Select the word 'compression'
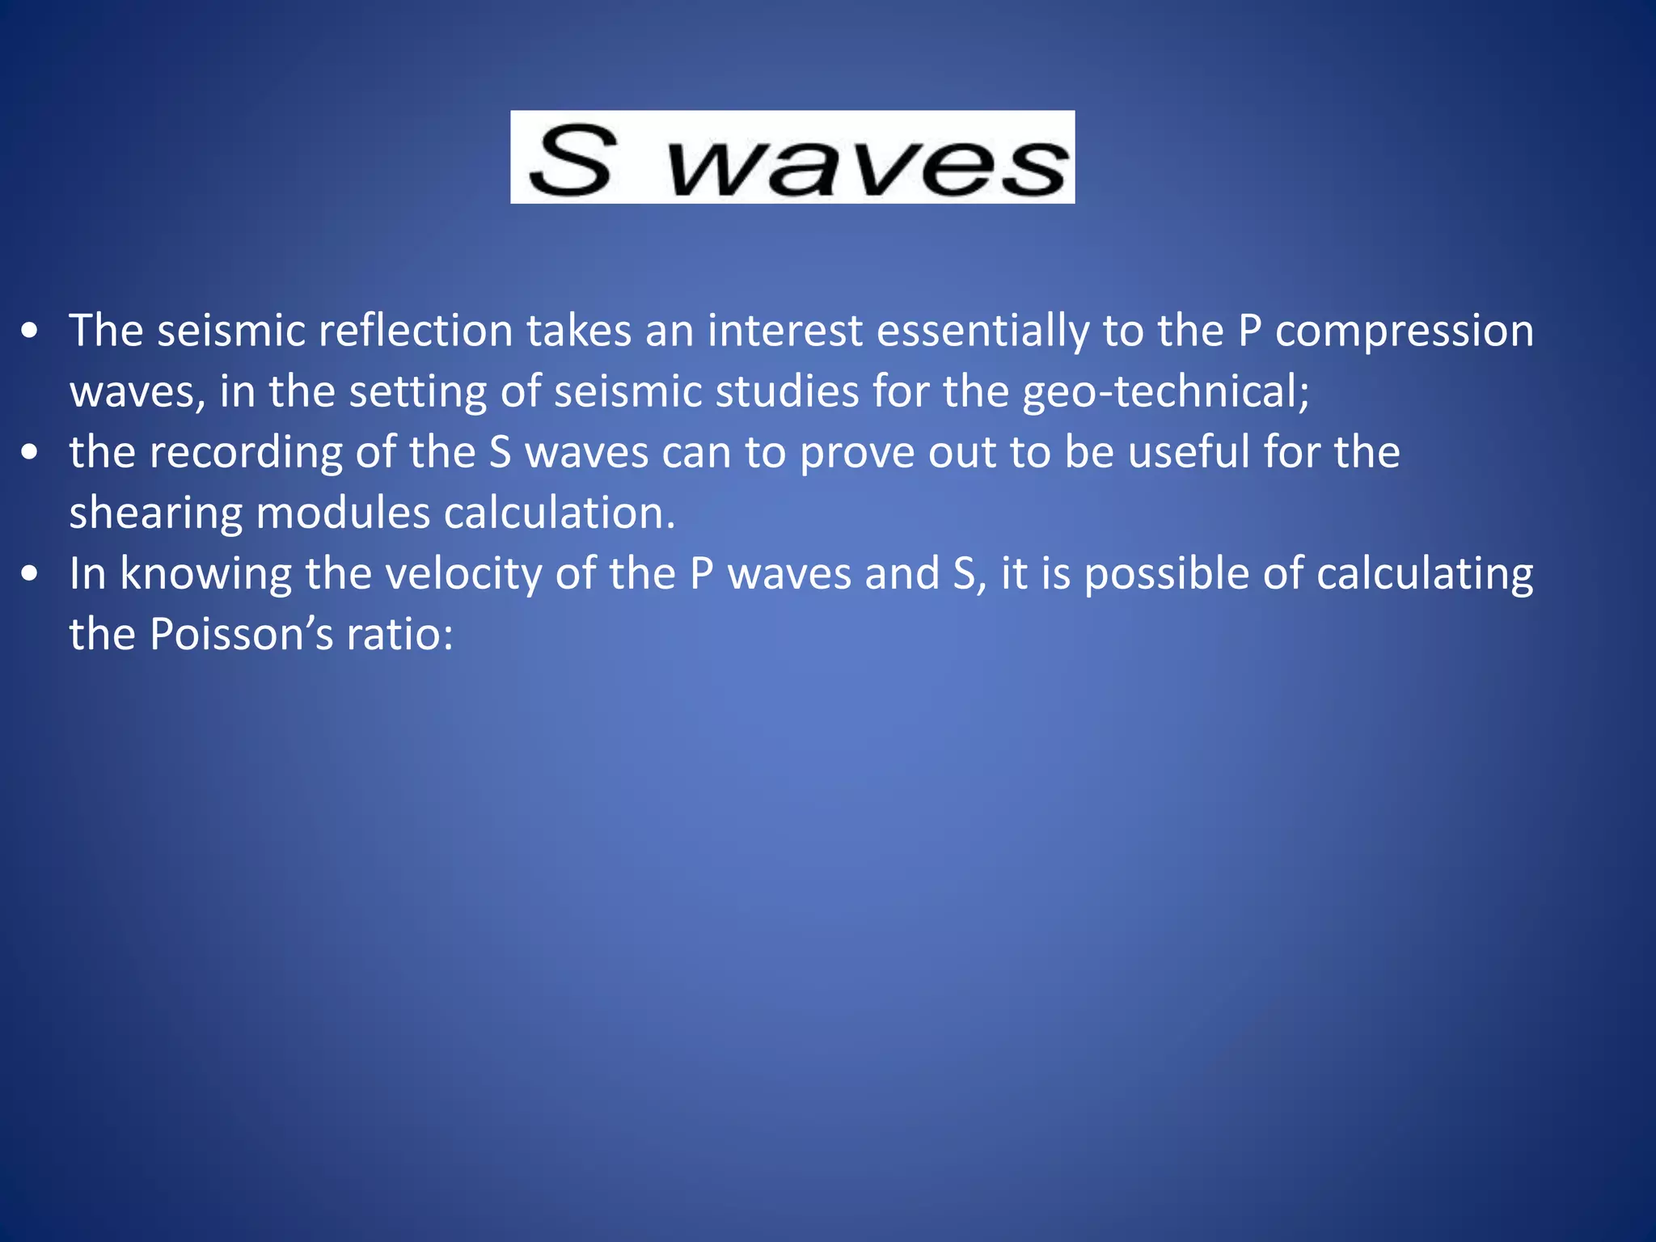pyautogui.click(x=1404, y=332)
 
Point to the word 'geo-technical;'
pyautogui.click(x=1165, y=392)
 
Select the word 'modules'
pyautogui.click(x=343, y=513)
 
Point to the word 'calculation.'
pyautogui.click(x=559, y=513)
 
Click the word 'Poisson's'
pyautogui.click(x=242, y=635)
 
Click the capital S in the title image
pyautogui.click(x=571, y=161)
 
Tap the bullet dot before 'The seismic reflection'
pyautogui.click(x=30, y=332)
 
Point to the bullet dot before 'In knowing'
pyautogui.click(x=30, y=574)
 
